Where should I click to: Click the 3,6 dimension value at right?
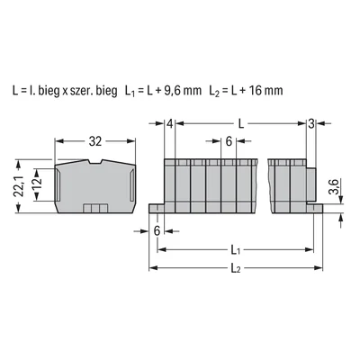click(333, 185)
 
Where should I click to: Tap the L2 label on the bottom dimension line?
click(237, 267)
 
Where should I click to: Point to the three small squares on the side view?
click(91, 208)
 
